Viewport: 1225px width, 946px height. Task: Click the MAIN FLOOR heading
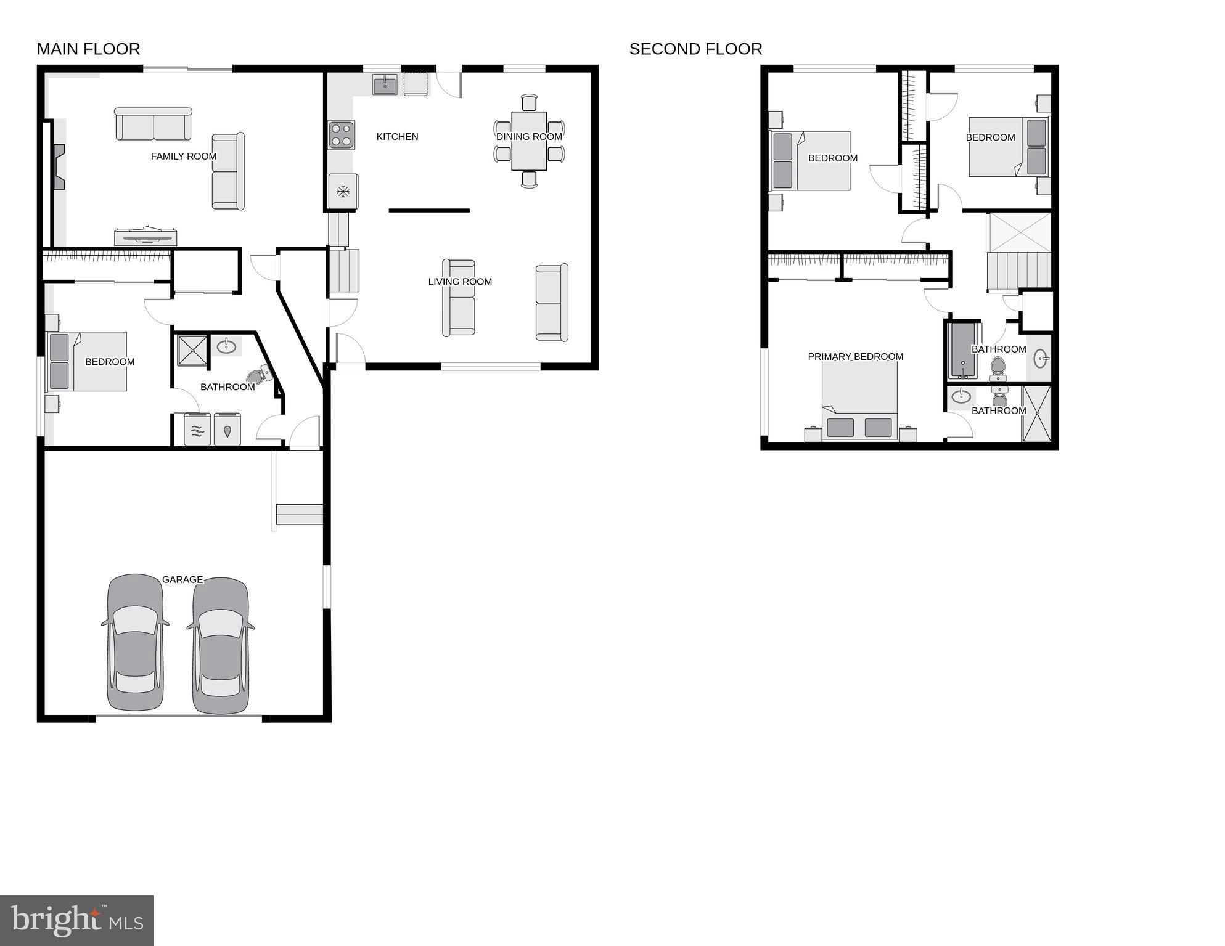[88, 49]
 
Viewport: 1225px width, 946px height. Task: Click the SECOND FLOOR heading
[695, 49]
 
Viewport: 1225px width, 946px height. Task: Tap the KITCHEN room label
[397, 137]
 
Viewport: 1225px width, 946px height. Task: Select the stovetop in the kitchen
[342, 135]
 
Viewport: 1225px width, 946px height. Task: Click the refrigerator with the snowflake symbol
[343, 192]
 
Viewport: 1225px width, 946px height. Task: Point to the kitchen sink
[385, 84]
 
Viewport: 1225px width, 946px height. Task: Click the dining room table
[529, 141]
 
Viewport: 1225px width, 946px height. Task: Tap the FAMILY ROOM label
[184, 157]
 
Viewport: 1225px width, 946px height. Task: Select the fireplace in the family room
[58, 166]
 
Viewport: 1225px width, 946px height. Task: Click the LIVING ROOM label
[460, 282]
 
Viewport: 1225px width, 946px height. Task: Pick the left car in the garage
[136, 642]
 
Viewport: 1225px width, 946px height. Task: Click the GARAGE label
[182, 579]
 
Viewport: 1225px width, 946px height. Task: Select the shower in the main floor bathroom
[192, 350]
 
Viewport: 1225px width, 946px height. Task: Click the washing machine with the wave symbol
[197, 430]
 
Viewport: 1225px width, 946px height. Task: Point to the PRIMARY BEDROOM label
[855, 357]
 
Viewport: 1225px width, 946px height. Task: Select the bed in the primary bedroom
[859, 401]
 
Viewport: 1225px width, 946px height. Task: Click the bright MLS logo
[76, 920]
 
